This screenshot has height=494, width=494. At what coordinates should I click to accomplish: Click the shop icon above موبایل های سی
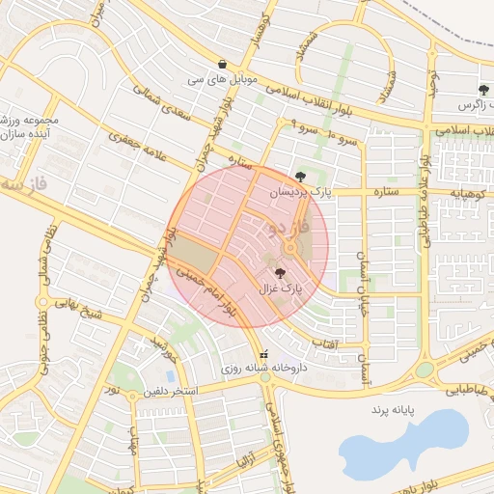point(223,64)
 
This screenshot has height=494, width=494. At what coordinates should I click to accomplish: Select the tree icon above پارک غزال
point(280,273)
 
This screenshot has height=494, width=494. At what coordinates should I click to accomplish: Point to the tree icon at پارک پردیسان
point(301,177)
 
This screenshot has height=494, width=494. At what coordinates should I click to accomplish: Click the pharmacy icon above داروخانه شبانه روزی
point(264,354)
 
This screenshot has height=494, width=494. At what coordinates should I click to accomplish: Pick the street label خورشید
point(162,352)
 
